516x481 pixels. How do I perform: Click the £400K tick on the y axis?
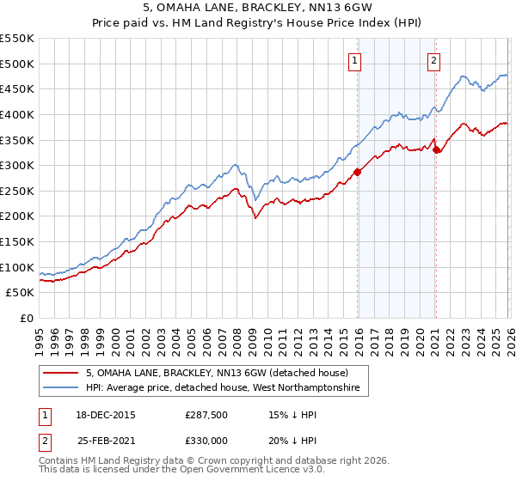coord(17,114)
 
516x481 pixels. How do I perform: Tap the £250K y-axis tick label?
coord(17,191)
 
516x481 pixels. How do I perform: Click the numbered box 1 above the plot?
coord(354,60)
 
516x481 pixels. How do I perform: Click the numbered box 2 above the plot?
coord(433,60)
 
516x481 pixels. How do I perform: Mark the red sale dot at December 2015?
coord(357,172)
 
